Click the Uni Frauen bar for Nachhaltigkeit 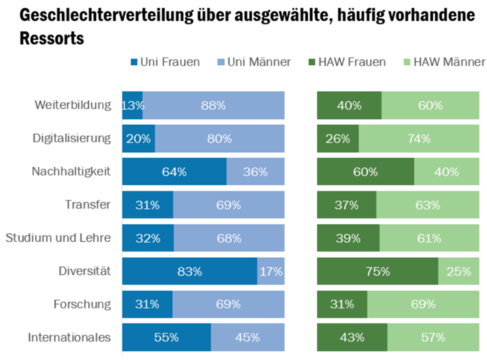174,171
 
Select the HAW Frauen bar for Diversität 377,271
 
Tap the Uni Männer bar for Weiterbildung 213,106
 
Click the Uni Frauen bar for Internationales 166,337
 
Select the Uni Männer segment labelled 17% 271,271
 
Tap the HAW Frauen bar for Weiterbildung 349,106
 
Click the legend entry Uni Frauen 168,62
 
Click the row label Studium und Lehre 58,238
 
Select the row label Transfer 88,204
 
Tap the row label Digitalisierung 72,139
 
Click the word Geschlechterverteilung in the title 93,14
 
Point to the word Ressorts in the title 43,38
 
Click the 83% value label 189,272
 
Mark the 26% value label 337,139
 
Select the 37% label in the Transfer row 346,205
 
